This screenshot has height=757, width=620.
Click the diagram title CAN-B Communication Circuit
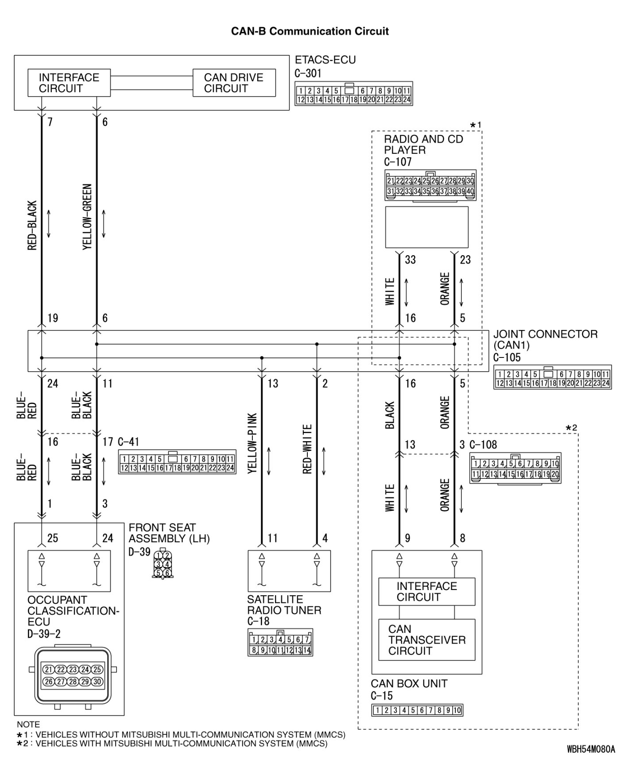click(310, 31)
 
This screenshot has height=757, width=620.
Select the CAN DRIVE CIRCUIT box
click(234, 83)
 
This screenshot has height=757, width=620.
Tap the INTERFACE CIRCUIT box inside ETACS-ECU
click(69, 83)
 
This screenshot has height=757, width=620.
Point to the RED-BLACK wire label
click(32, 225)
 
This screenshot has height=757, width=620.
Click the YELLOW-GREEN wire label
click(87, 217)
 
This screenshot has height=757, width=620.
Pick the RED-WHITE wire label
click(307, 449)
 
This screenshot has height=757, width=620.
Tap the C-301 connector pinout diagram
click(353, 93)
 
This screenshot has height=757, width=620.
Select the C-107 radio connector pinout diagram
click(430, 186)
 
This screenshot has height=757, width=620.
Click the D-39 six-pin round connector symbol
click(163, 564)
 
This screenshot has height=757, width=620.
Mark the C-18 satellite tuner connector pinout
click(280, 642)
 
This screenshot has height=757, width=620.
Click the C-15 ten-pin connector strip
click(417, 710)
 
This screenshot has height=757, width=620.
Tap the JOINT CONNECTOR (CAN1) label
click(545, 339)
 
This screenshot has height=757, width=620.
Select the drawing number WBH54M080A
click(590, 749)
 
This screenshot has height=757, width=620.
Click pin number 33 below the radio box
click(411, 260)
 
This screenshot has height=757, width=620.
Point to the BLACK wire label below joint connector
click(390, 415)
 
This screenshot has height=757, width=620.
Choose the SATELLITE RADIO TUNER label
click(284, 605)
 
